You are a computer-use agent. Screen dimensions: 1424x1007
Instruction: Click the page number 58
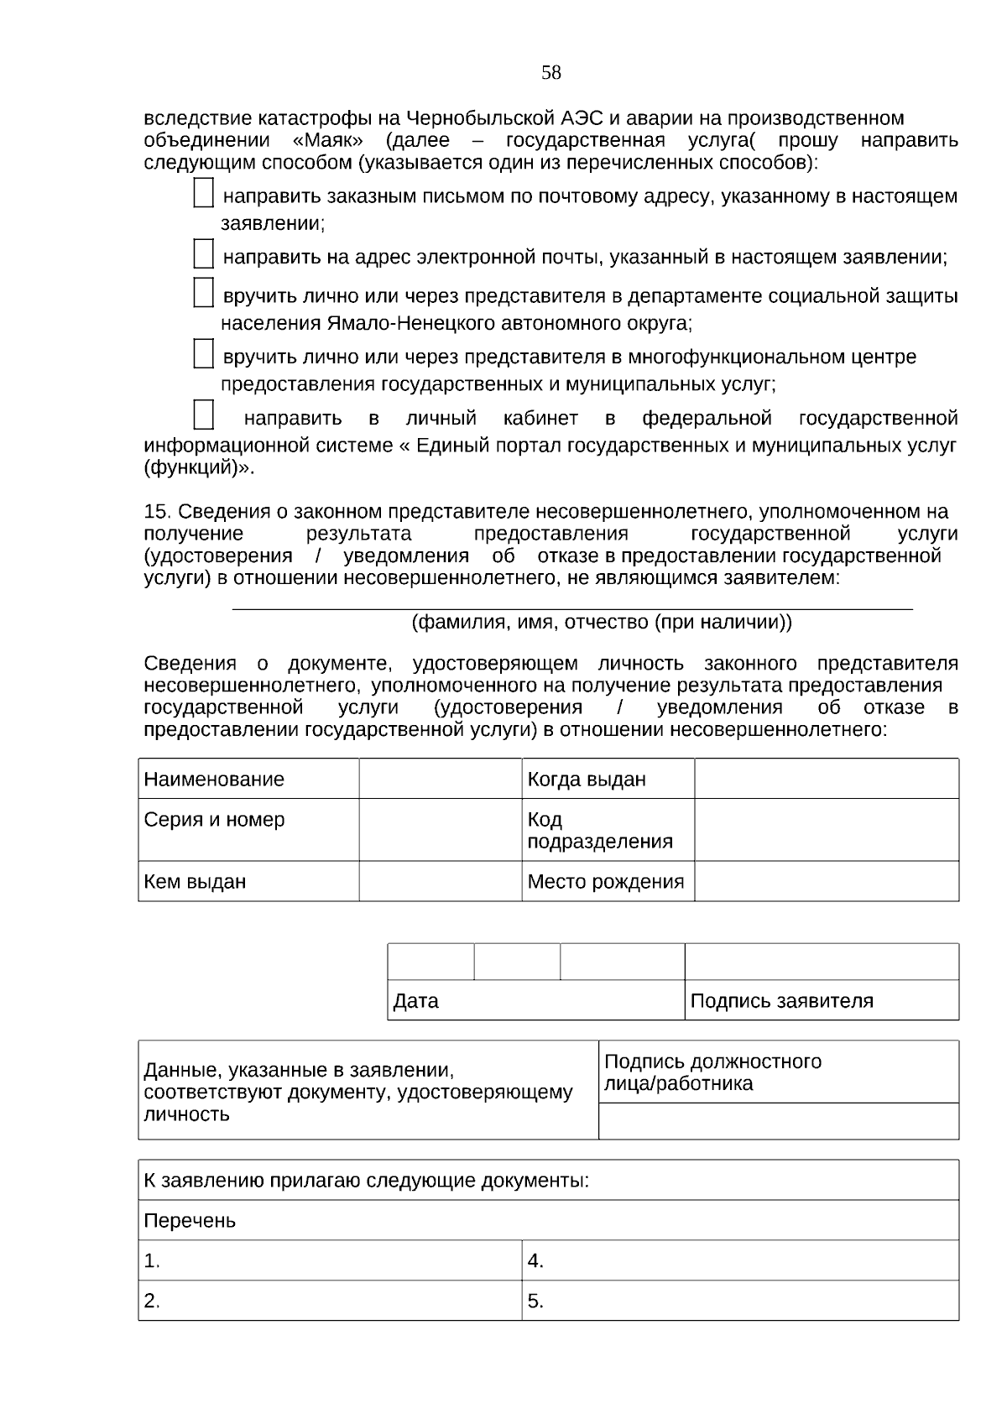pos(550,73)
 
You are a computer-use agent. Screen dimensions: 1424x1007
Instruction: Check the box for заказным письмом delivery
pos(203,193)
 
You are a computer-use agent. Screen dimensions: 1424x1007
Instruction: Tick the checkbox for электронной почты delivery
pos(203,253)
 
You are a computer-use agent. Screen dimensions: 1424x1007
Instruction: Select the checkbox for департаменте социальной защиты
pos(203,292)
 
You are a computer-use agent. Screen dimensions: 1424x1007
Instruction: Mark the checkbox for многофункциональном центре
pos(203,353)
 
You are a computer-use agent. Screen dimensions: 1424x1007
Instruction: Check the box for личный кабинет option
pos(203,415)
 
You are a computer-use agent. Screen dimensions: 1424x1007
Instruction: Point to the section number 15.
pos(157,512)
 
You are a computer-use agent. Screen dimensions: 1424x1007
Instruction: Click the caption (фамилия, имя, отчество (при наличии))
pos(601,623)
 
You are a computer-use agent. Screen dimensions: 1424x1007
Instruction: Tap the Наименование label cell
pos(248,780)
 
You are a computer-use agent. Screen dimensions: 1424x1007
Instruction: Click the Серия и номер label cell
pos(248,829)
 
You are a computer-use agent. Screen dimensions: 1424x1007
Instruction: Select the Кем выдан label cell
pos(248,882)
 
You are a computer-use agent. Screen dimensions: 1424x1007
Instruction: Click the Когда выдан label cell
pos(608,780)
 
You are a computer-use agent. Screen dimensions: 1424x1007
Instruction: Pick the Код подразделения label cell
pos(608,830)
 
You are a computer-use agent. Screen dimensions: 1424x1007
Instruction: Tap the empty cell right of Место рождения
pos(826,882)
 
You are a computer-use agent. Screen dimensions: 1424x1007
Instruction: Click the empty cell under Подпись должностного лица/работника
pos(778,1121)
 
